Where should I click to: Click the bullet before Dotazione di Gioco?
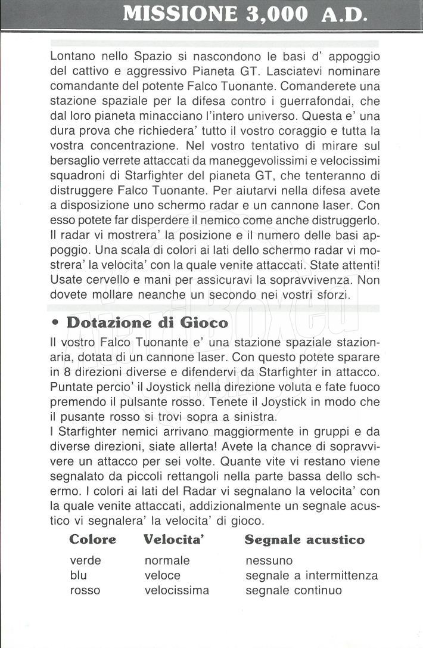(55, 323)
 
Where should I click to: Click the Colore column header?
(93, 540)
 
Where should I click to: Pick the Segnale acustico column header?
(304, 540)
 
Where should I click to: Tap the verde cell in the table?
(86, 560)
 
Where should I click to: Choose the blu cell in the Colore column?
(78, 575)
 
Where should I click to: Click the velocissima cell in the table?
(176, 590)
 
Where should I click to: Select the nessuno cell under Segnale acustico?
(269, 560)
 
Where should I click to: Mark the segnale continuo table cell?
(294, 590)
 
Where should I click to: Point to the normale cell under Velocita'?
(167, 560)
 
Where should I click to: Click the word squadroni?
(76, 175)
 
